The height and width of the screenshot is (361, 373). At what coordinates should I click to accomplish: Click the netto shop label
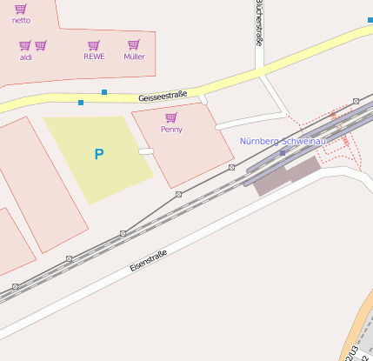[21, 19]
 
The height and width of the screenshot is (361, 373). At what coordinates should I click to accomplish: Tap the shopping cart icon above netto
[21, 8]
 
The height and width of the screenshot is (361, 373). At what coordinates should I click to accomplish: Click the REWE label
[94, 57]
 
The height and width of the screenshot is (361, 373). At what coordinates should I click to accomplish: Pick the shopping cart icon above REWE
[94, 45]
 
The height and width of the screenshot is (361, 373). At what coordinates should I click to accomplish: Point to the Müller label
[134, 57]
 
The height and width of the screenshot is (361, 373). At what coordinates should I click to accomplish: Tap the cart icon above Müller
[134, 45]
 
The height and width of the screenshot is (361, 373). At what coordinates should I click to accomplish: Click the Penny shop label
[171, 130]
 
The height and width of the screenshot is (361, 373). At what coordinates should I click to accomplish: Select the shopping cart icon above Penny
[171, 117]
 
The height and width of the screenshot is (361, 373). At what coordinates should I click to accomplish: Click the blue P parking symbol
[99, 155]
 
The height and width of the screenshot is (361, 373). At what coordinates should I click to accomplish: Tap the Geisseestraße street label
[163, 97]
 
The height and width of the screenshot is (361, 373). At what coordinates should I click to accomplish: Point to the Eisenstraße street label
[148, 260]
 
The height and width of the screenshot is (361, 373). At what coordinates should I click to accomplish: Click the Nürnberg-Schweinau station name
[283, 141]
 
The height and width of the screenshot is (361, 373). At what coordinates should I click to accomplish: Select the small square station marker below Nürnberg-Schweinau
[283, 152]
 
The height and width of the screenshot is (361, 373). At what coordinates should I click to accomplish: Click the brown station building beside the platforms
[286, 177]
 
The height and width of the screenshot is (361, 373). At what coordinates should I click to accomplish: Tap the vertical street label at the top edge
[259, 22]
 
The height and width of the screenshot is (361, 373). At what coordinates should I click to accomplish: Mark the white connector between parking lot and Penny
[146, 151]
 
